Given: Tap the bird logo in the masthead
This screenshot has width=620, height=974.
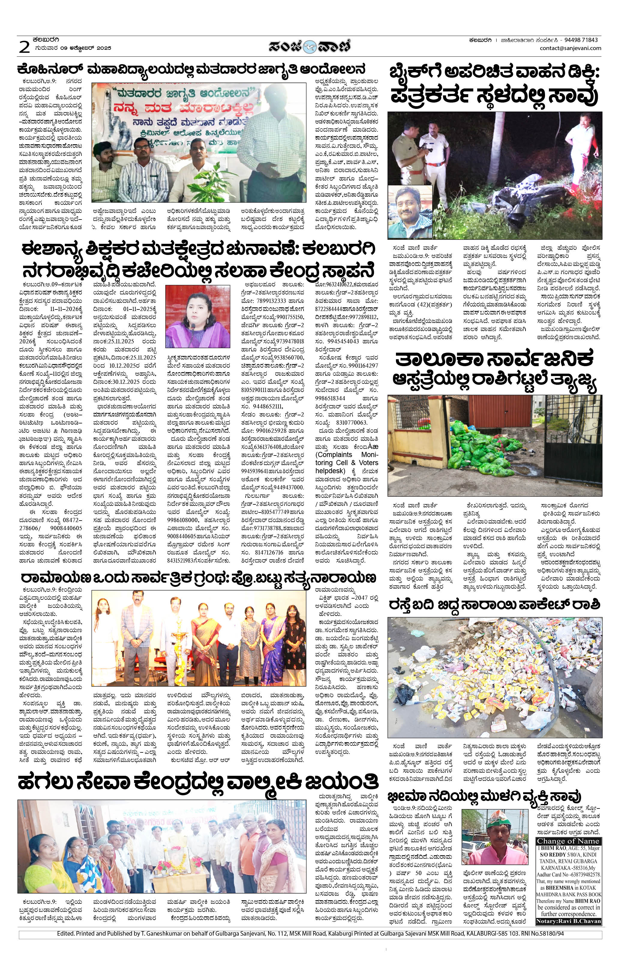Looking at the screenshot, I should click(x=310, y=46).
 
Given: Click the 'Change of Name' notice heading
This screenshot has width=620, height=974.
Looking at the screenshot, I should click(x=568, y=841).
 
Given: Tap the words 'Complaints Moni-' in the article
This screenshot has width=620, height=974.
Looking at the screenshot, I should click(x=346, y=455).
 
